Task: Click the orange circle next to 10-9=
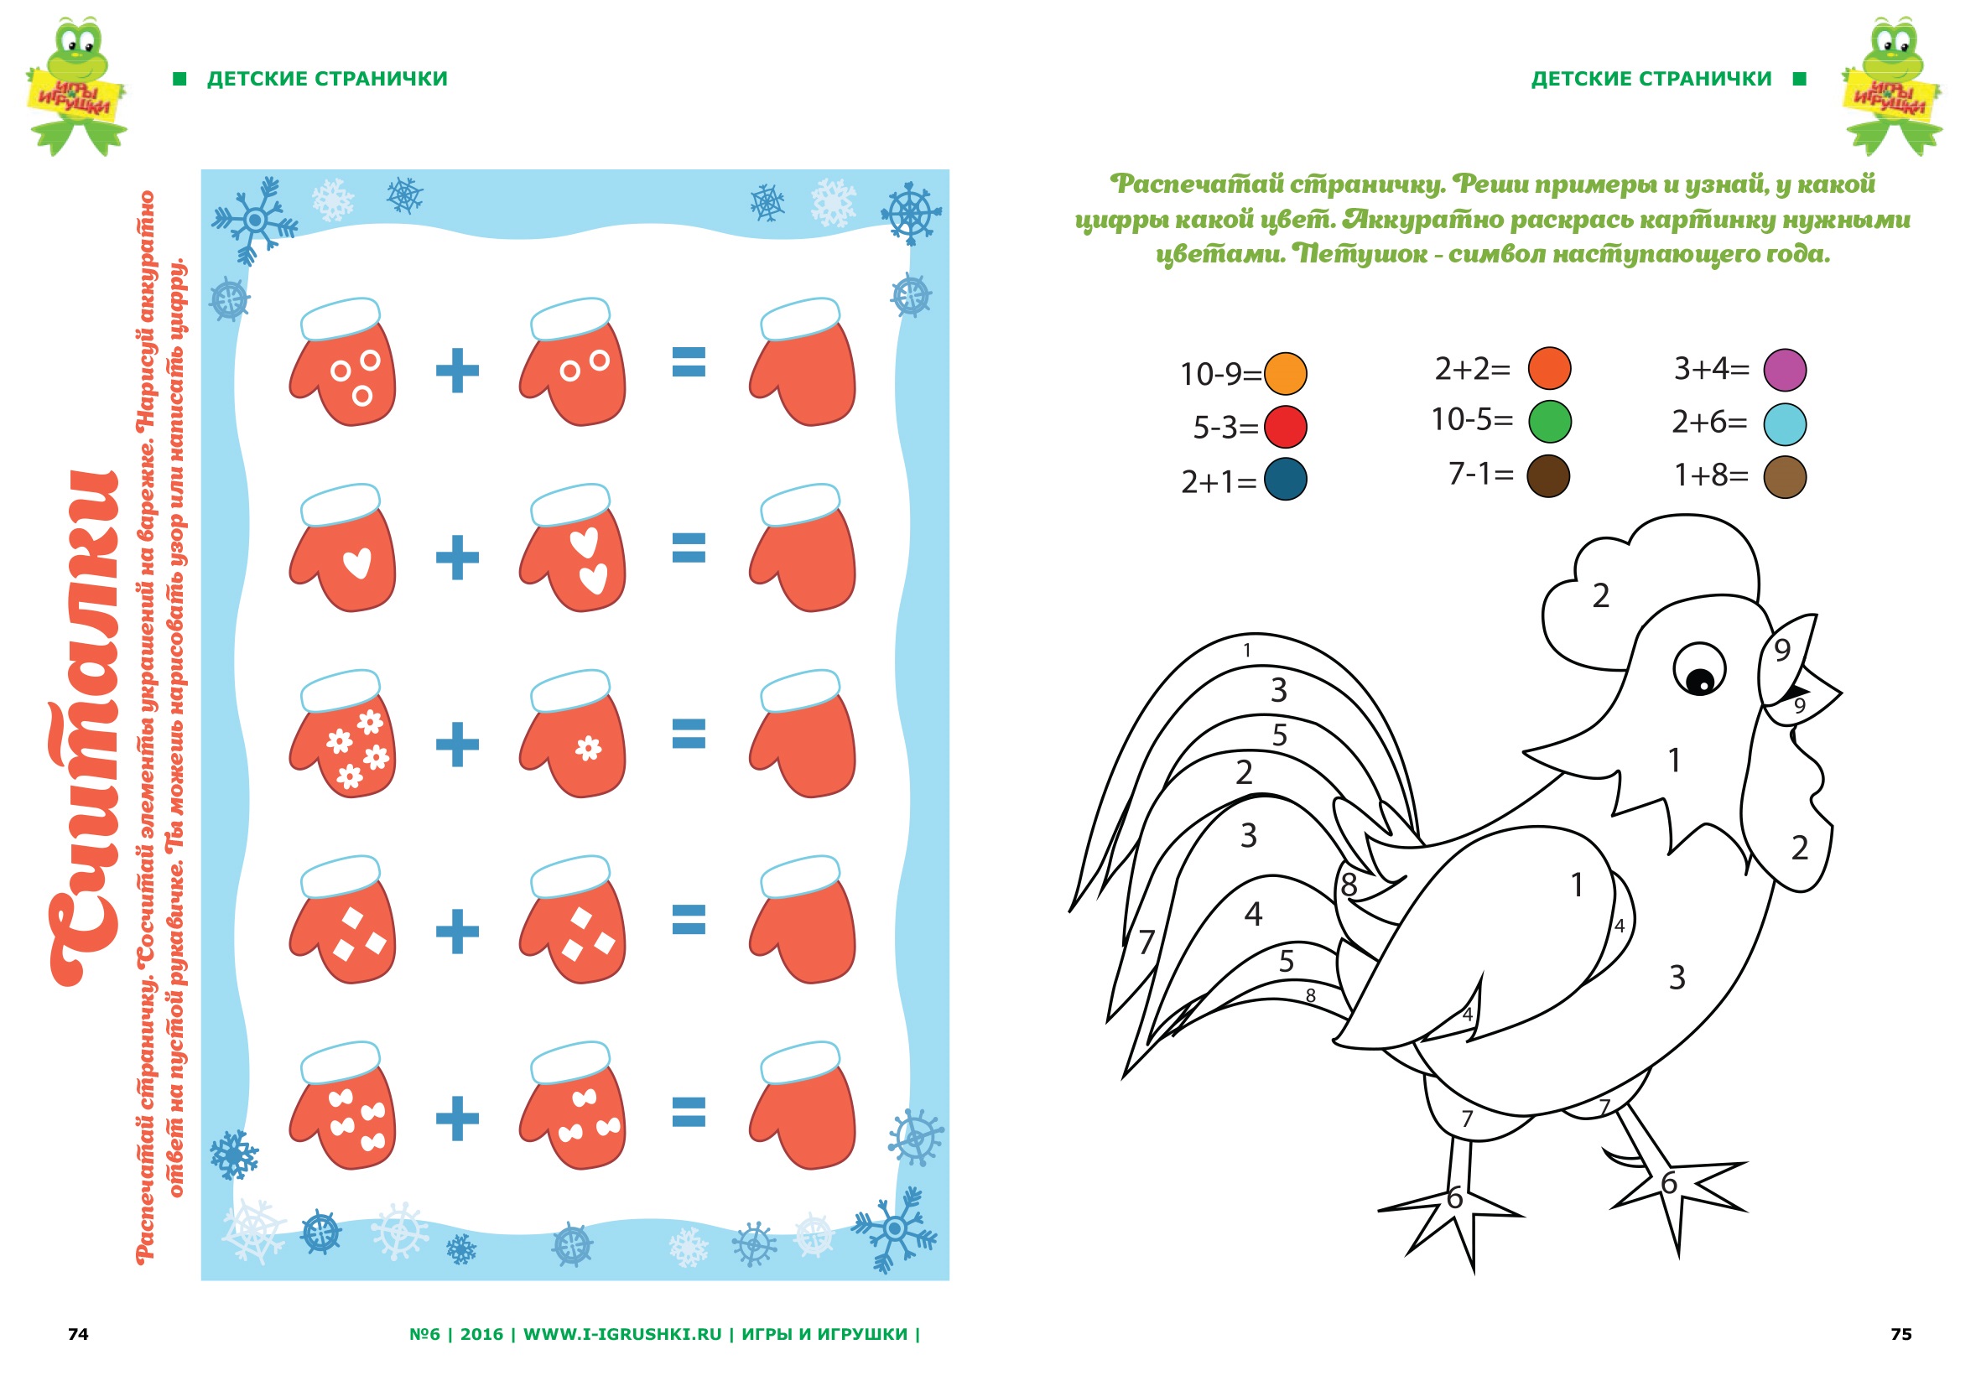point(1285,373)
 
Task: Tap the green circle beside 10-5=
point(1549,422)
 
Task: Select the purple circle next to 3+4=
point(1784,370)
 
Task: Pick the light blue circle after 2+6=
point(1784,423)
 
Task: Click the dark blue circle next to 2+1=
point(1285,480)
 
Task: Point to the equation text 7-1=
point(1480,474)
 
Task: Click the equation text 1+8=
point(1711,475)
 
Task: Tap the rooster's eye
point(1699,669)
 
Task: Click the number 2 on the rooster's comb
point(1600,596)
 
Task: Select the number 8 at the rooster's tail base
point(1349,885)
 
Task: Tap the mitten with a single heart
point(343,548)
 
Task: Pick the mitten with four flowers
point(343,734)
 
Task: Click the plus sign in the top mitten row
point(457,371)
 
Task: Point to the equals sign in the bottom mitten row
point(689,1112)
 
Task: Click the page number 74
point(78,1334)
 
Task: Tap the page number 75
point(1900,1334)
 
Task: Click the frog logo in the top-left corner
point(76,86)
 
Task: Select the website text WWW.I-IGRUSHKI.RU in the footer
point(622,1334)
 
